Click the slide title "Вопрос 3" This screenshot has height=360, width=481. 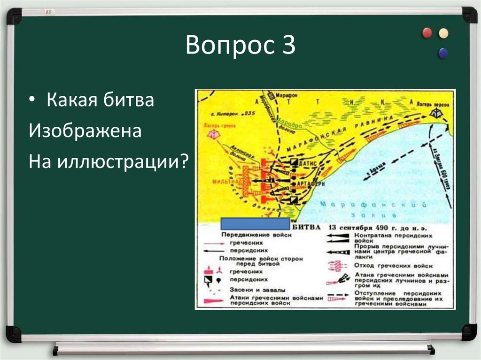(x=240, y=46)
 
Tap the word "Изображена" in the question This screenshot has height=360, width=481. (x=85, y=131)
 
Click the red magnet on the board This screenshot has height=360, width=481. (x=427, y=33)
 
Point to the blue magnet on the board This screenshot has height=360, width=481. (x=442, y=53)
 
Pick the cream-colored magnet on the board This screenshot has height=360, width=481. (x=443, y=33)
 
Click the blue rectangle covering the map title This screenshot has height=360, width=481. (x=255, y=224)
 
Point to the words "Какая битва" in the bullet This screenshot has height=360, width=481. (x=100, y=100)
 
